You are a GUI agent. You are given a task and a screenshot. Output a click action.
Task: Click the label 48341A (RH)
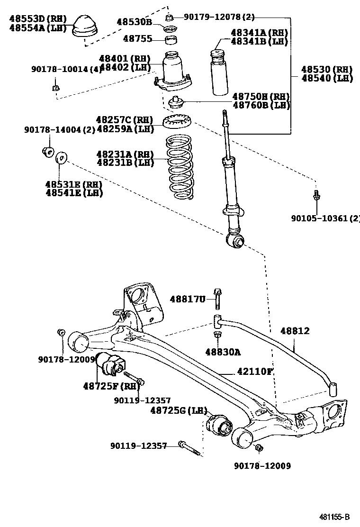point(259,33)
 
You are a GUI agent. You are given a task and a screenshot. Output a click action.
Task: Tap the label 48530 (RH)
point(327,69)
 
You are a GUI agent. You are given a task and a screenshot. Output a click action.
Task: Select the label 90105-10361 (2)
point(325,218)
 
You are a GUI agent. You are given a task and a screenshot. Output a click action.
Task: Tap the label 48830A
point(223,352)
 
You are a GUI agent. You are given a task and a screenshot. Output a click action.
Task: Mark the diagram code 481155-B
point(334,517)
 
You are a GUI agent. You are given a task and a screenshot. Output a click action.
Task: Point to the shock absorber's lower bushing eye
point(235,241)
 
